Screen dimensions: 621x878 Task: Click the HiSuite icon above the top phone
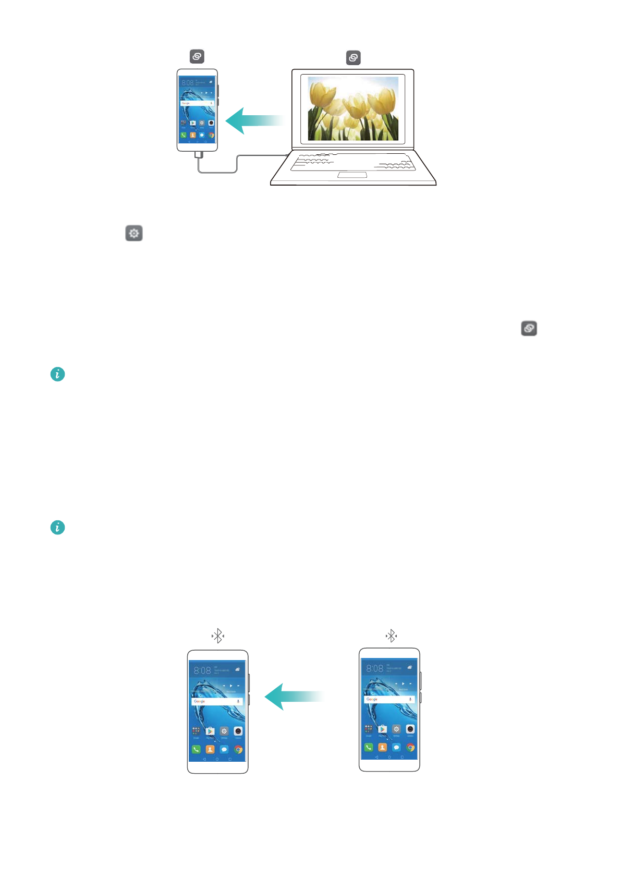pos(197,56)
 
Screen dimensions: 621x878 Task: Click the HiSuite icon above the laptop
pos(353,58)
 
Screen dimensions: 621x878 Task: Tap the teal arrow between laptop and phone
pos(254,120)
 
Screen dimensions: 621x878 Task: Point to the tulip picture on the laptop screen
pos(353,108)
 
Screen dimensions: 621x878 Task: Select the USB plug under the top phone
pos(198,155)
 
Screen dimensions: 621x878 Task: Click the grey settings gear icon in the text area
pos(134,233)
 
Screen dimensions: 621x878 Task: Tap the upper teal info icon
pos(57,374)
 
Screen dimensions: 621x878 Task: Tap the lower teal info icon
pos(57,528)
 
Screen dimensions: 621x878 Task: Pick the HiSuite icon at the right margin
pos(529,328)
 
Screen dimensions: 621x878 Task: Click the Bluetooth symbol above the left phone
pos(217,636)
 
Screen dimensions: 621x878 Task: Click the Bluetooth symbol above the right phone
pos(391,636)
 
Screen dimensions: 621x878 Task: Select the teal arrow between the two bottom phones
pos(294,697)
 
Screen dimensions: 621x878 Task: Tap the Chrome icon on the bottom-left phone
pos(238,749)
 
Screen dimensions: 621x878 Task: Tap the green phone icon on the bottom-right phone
pos(368,747)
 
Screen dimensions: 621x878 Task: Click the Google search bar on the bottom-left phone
pos(217,701)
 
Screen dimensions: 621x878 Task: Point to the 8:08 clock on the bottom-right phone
pos(374,668)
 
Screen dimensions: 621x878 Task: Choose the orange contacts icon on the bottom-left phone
pos(210,749)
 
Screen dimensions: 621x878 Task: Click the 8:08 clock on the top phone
pos(187,83)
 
